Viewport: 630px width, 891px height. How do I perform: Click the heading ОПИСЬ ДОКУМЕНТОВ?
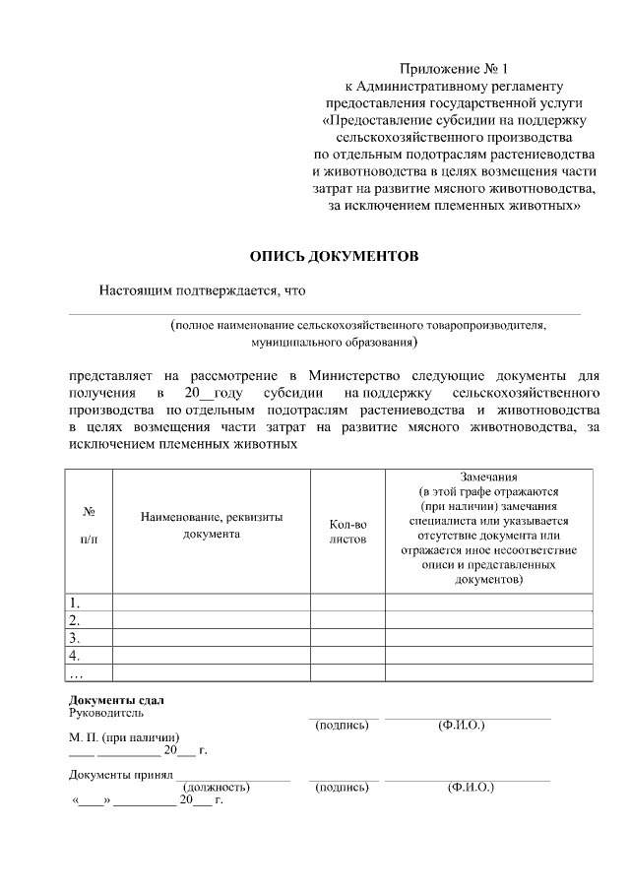(334, 256)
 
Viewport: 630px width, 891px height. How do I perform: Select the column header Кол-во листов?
(346, 532)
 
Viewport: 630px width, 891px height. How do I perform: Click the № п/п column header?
(89, 527)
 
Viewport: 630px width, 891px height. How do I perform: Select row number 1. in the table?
(74, 603)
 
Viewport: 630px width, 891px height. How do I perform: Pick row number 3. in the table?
(74, 638)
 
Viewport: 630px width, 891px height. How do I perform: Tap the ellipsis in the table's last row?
(76, 673)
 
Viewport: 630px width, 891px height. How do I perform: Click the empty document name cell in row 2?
(211, 620)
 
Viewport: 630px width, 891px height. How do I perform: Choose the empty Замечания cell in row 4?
(488, 656)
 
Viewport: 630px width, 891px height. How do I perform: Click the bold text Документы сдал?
(109, 699)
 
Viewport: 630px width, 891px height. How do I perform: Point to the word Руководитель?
(106, 712)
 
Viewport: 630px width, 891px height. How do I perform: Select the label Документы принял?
(114, 775)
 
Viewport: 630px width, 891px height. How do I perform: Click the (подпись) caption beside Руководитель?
(342, 726)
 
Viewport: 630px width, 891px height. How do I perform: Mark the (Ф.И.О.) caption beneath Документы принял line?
(470, 788)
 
